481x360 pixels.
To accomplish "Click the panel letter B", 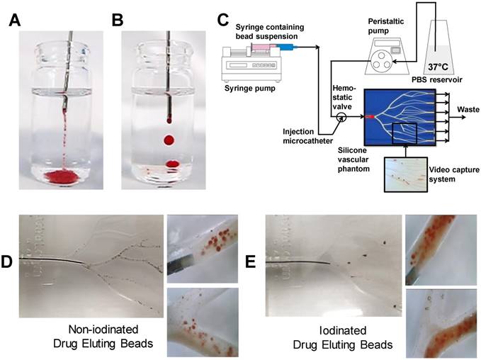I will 118,19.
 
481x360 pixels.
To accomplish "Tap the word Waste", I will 465,109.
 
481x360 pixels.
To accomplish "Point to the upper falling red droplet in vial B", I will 169,140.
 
